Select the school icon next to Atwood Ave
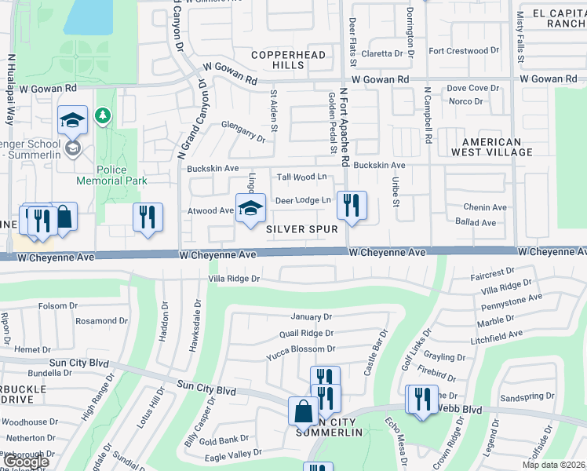click(x=250, y=209)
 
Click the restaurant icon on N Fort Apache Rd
click(x=352, y=206)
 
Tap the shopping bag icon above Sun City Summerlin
click(x=303, y=411)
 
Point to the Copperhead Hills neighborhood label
click(x=277, y=60)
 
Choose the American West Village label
click(x=492, y=147)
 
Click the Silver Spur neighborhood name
click(x=301, y=229)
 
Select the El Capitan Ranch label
click(x=558, y=19)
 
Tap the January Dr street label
click(x=311, y=317)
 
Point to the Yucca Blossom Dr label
click(x=301, y=349)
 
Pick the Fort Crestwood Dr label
click(x=464, y=51)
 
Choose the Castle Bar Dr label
click(x=374, y=352)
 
